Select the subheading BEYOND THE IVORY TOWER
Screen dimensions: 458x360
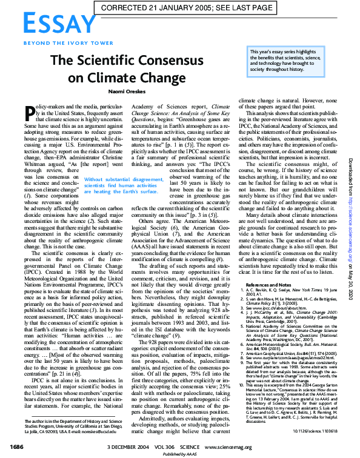[x=59, y=43]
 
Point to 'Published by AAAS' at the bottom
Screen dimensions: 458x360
[x=179, y=454]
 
